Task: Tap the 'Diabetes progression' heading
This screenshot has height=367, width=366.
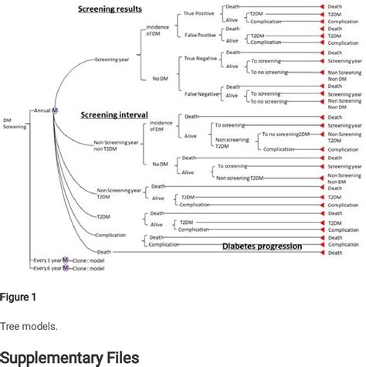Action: click(263, 246)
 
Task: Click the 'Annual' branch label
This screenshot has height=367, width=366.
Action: click(42, 110)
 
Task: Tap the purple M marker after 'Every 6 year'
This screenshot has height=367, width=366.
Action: click(65, 267)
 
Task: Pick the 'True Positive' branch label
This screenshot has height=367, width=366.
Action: click(200, 13)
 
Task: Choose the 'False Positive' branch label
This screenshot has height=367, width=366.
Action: click(200, 36)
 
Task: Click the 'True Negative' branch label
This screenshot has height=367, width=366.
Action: click(199, 58)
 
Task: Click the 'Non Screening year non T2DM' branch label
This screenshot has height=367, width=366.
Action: click(114, 145)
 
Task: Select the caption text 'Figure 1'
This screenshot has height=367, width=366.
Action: click(18, 297)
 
